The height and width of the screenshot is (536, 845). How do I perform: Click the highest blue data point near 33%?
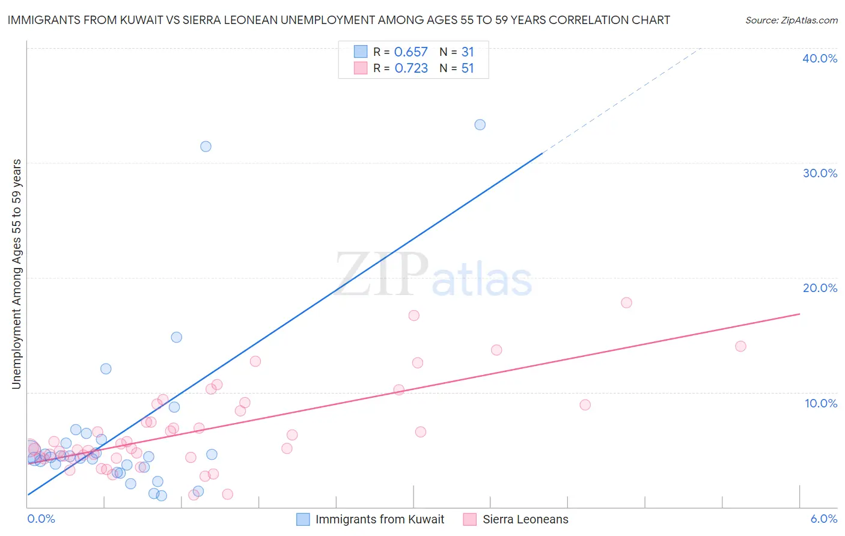tap(480, 125)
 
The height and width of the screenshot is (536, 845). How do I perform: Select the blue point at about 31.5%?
tap(206, 147)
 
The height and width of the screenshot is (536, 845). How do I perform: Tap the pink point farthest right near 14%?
tap(740, 346)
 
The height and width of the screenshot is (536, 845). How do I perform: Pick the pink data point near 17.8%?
tap(626, 303)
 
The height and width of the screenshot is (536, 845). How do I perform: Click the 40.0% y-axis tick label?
tap(820, 59)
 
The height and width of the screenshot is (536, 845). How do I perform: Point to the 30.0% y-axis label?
tap(820, 174)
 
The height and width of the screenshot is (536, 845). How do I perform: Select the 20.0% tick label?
tap(820, 288)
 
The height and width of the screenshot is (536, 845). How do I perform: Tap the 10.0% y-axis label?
tap(821, 403)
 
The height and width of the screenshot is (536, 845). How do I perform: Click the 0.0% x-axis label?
tap(41, 519)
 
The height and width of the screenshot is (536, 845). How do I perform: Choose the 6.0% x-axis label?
tap(823, 519)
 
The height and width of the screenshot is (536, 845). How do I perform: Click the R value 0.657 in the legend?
tap(411, 52)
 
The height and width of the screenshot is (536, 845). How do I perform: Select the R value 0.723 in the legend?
tap(411, 69)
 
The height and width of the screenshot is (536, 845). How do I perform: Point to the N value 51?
tap(468, 69)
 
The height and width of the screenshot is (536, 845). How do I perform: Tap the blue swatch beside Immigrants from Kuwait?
tap(303, 520)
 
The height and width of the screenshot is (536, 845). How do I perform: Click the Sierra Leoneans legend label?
tap(525, 520)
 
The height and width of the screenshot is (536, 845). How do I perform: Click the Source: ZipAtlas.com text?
tap(791, 20)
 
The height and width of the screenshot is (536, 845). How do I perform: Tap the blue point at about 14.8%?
tap(176, 337)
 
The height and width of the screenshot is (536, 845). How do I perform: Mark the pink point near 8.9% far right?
tap(585, 405)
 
